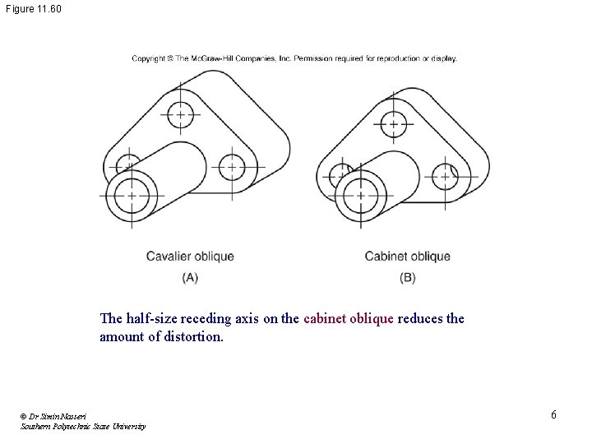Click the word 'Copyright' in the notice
(148, 58)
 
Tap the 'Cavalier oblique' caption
(190, 257)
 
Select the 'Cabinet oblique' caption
(407, 257)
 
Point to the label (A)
(190, 278)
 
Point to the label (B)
(407, 278)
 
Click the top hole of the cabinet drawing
(393, 126)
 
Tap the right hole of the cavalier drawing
(232, 167)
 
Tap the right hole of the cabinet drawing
(445, 175)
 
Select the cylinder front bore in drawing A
(131, 196)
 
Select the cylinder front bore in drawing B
(360, 196)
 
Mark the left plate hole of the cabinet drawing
(339, 174)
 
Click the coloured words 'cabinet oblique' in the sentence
(349, 318)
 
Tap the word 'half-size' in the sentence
(152, 318)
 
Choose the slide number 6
(553, 414)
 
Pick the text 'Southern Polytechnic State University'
(83, 427)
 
